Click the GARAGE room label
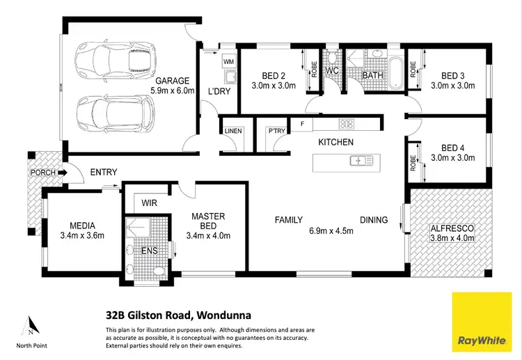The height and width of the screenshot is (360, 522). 172,80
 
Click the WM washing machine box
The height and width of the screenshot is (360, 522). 228,62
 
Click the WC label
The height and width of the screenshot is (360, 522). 331,71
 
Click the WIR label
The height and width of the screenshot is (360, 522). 148,203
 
